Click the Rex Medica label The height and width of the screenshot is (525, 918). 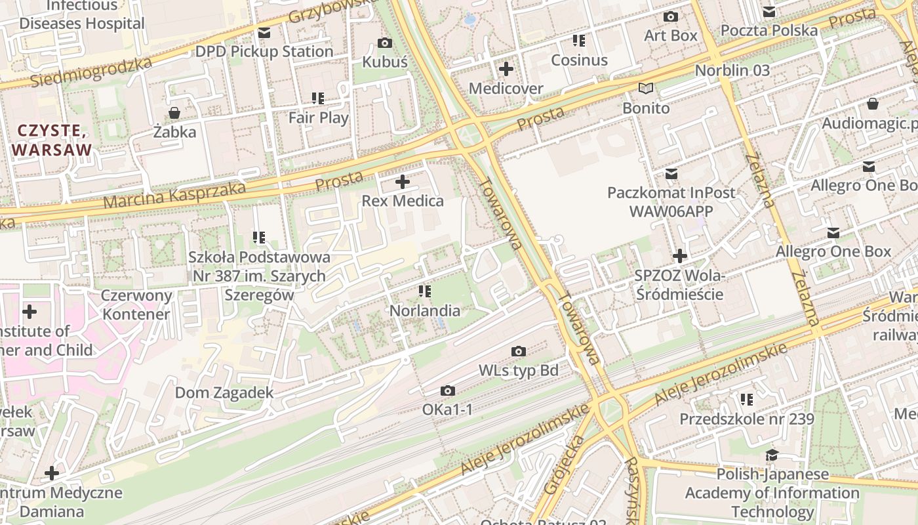403,201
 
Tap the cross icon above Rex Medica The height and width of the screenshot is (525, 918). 403,182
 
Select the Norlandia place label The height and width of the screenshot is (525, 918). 425,310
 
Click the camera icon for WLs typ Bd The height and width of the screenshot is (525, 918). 518,352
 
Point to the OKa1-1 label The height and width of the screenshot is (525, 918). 447,410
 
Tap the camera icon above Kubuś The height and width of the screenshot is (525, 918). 385,43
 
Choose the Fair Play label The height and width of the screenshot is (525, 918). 319,118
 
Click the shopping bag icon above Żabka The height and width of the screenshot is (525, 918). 174,113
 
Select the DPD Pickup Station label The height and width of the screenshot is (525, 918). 264,51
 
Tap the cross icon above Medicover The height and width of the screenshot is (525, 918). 506,69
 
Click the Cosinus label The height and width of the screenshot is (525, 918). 579,60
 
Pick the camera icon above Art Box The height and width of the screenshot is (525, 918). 670,17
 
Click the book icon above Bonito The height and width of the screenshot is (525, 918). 646,88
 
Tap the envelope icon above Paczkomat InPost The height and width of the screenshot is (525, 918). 671,174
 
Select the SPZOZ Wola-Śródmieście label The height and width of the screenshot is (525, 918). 679,284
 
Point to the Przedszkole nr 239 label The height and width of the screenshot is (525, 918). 746,419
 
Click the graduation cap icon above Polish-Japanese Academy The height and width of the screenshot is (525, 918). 772,455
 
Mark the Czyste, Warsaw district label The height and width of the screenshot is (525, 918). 52,140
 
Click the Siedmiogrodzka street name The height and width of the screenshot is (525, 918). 91,72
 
